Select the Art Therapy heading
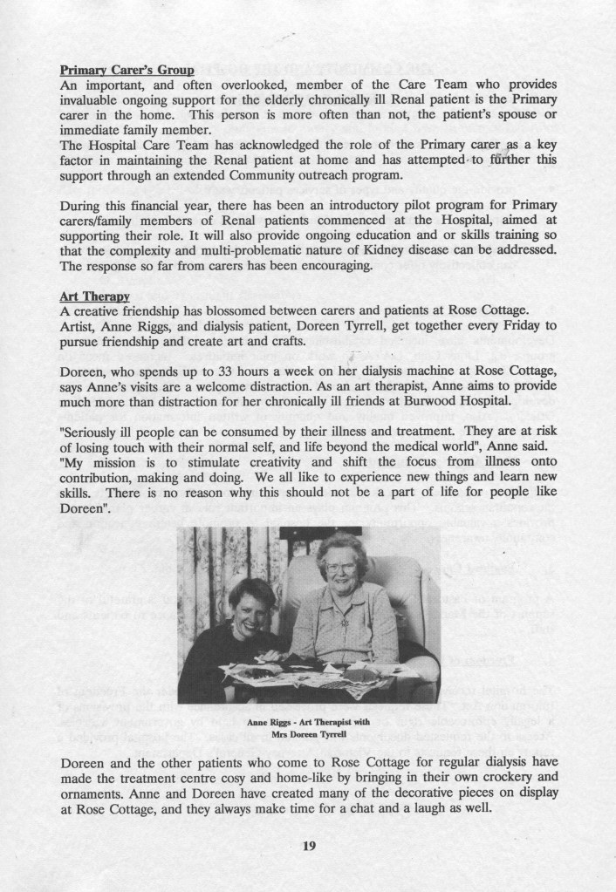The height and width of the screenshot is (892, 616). (x=95, y=297)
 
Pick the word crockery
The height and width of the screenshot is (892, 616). (x=528, y=780)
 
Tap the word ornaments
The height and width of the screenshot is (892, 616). (x=93, y=794)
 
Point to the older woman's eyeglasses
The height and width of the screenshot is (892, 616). (x=341, y=568)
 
